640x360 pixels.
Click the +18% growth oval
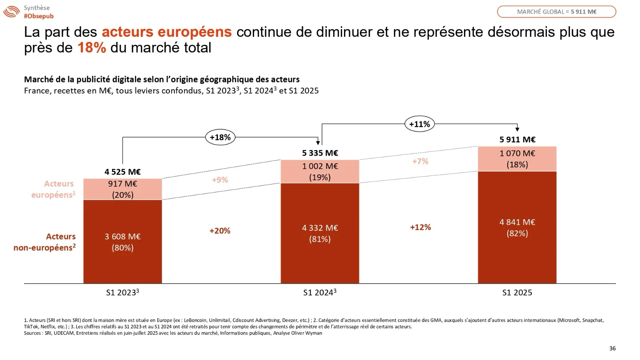(x=220, y=137)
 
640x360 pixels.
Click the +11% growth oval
(x=419, y=124)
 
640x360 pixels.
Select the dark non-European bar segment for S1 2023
(x=122, y=242)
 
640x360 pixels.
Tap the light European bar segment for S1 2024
(x=320, y=172)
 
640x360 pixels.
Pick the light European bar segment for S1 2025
(x=517, y=159)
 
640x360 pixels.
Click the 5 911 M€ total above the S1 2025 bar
(x=517, y=140)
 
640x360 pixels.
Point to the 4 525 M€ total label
(x=122, y=172)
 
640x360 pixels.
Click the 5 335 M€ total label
(x=320, y=153)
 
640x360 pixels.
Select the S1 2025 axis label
(x=517, y=292)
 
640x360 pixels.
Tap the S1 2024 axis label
(x=320, y=292)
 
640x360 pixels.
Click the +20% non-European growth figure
(x=220, y=231)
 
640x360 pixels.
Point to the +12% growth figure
(x=420, y=227)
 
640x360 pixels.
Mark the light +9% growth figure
(x=220, y=180)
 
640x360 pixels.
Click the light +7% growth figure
(x=420, y=161)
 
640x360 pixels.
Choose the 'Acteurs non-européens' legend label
(x=45, y=242)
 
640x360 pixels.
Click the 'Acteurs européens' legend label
(x=54, y=189)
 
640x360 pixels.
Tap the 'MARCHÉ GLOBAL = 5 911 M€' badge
(x=556, y=12)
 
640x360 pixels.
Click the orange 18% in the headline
(x=92, y=48)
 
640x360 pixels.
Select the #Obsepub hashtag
(x=38, y=16)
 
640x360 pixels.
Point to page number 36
(x=612, y=348)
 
